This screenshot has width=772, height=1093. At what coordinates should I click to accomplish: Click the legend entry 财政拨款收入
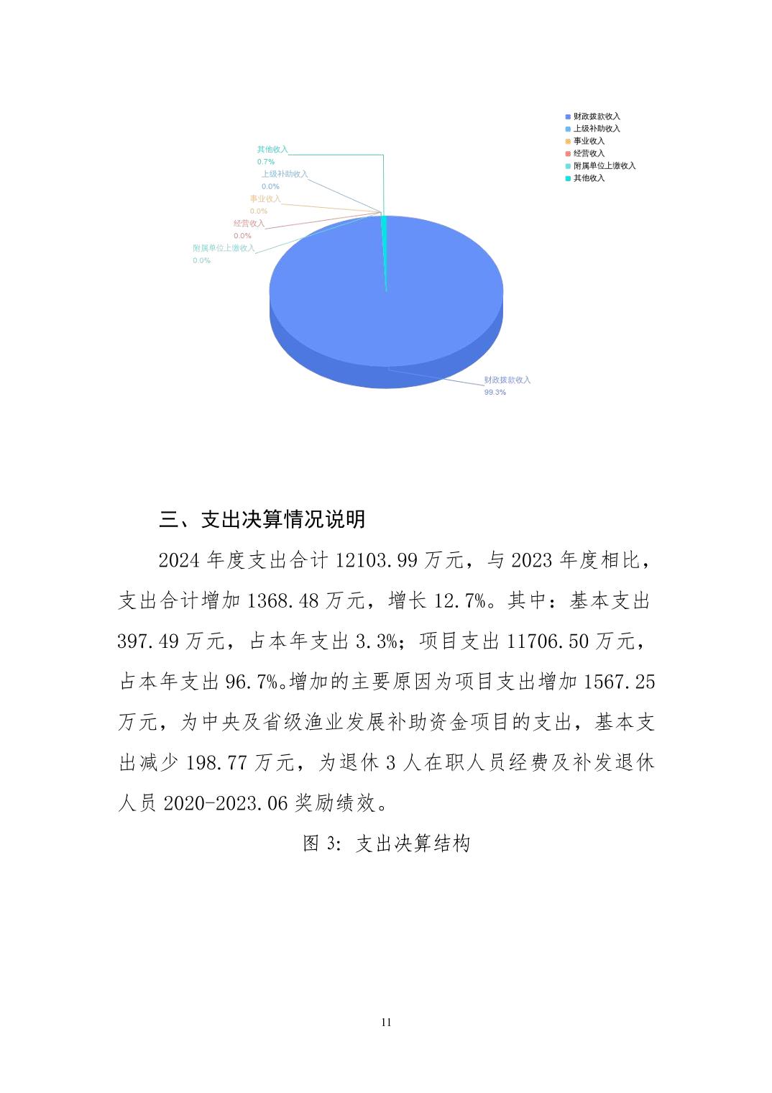coord(596,116)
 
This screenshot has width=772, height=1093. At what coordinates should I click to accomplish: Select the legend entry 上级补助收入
coord(596,129)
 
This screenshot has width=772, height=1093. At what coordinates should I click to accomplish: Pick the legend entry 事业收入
coord(589,141)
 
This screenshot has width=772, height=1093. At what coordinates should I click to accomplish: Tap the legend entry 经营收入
coord(589,153)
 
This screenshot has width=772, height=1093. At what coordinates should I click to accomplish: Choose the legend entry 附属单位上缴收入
coord(604,165)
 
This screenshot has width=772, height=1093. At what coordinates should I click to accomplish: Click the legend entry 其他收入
coord(589,178)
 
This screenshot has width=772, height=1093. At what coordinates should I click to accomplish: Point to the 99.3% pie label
coord(495,393)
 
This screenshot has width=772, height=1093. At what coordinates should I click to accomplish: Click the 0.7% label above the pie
coord(266,162)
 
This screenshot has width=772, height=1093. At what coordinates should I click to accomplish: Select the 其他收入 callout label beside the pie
coord(272,150)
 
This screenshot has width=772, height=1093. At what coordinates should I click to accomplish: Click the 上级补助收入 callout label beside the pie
coord(284,174)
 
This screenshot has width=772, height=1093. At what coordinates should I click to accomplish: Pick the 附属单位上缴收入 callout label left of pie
coord(224,248)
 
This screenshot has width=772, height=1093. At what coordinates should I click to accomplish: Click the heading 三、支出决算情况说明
coord(262,519)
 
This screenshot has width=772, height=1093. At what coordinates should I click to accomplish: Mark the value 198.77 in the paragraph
coord(218,763)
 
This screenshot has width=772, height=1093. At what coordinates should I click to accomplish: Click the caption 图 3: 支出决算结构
coord(386,843)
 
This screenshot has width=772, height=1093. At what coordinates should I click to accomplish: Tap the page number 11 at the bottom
coord(386,1023)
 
